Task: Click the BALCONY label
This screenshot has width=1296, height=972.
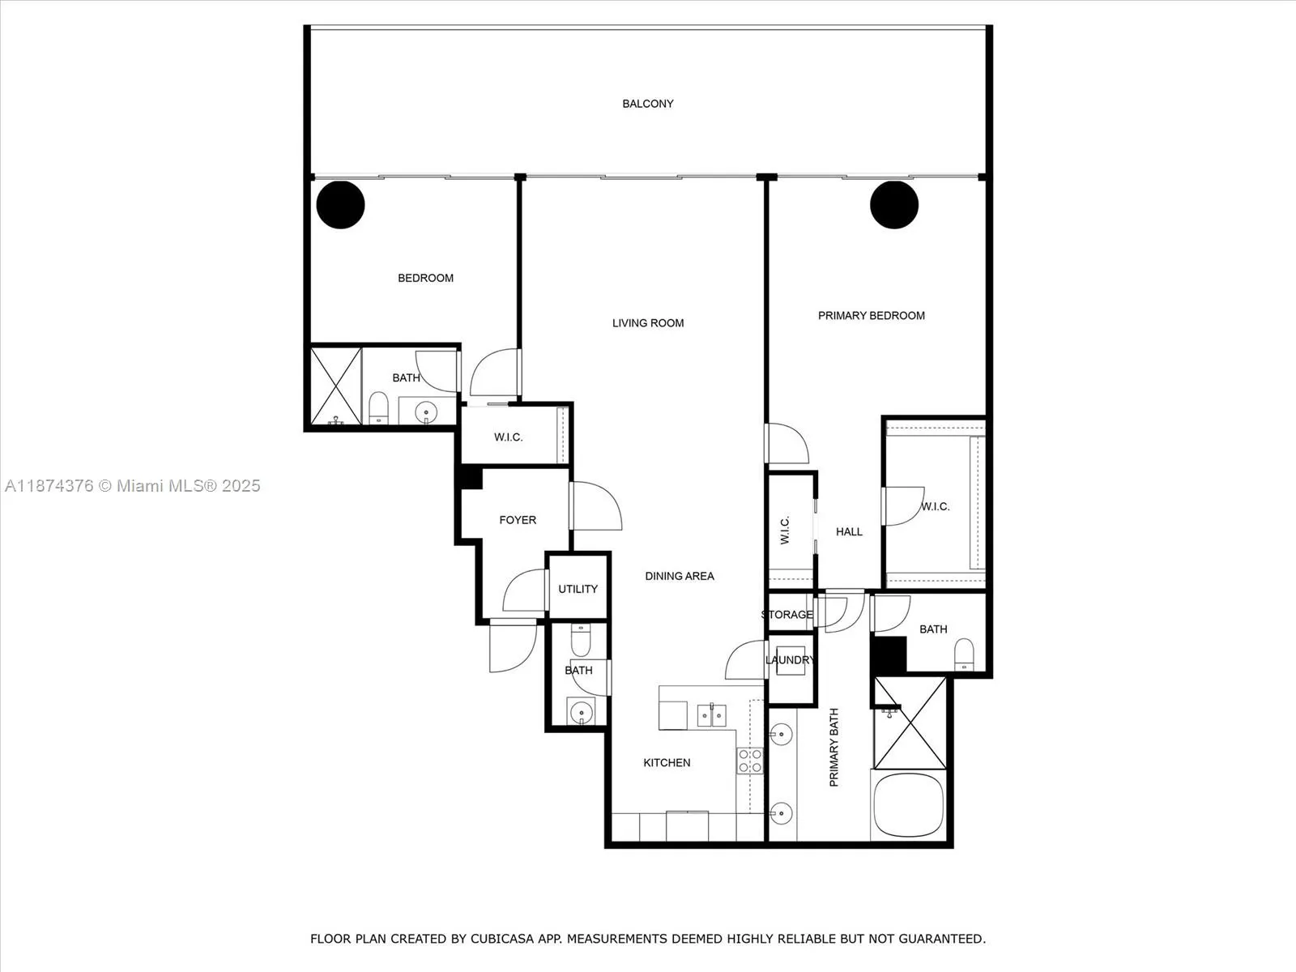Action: click(647, 104)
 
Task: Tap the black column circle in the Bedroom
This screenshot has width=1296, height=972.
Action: click(340, 205)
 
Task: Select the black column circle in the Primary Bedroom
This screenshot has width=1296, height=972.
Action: click(894, 205)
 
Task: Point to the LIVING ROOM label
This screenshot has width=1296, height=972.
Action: click(647, 323)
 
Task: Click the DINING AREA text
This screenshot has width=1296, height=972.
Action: click(679, 576)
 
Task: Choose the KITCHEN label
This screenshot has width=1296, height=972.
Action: click(667, 762)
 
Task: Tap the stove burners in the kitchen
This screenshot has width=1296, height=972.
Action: click(749, 761)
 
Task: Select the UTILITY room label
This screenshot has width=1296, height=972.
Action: click(578, 589)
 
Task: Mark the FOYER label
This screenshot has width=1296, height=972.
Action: click(517, 520)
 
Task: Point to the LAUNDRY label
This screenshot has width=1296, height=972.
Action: click(790, 660)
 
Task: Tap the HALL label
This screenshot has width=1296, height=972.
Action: click(849, 531)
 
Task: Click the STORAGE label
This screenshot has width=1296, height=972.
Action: click(787, 615)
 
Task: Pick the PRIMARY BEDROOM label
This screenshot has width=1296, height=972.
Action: click(871, 316)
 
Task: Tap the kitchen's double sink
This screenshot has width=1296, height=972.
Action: click(712, 716)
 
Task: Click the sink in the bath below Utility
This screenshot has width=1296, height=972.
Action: click(581, 713)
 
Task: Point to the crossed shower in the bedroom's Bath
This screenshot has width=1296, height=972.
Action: click(335, 386)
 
